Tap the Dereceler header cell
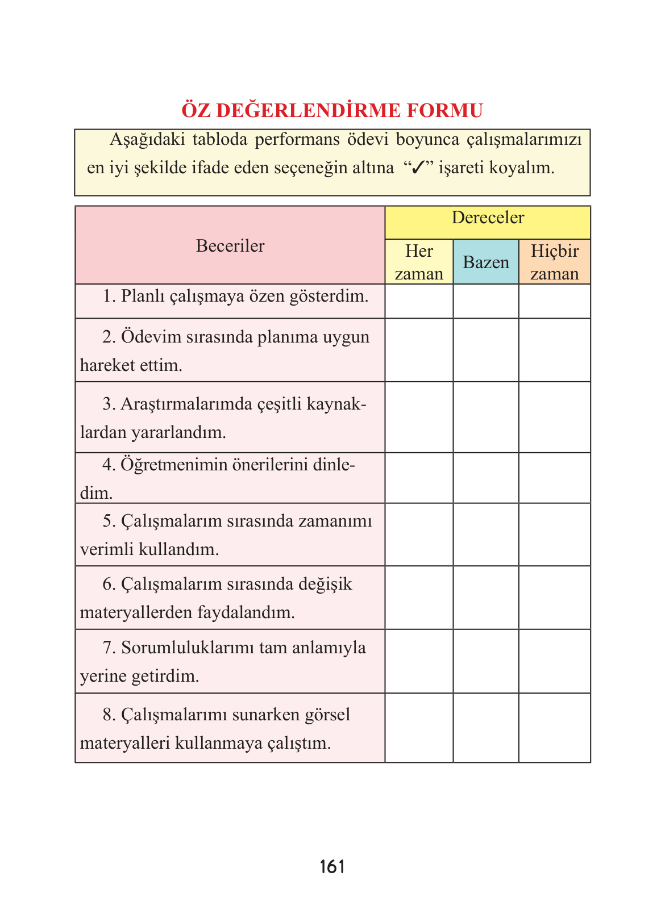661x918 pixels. click(488, 218)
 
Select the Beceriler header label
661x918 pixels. click(230, 246)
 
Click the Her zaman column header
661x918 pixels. click(419, 262)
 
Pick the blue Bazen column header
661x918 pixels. click(486, 262)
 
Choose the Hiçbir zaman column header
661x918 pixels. click(554, 262)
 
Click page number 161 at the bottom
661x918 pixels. click(332, 867)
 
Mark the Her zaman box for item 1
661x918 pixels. click(419, 301)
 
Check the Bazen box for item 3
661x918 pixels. click(486, 417)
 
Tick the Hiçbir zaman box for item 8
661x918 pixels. click(554, 728)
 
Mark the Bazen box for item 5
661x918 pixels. click(486, 535)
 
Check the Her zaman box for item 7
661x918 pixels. click(419, 661)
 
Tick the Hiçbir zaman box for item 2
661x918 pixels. click(554, 350)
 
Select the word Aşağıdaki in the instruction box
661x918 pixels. click(147, 140)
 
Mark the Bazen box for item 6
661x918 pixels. click(486, 598)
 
